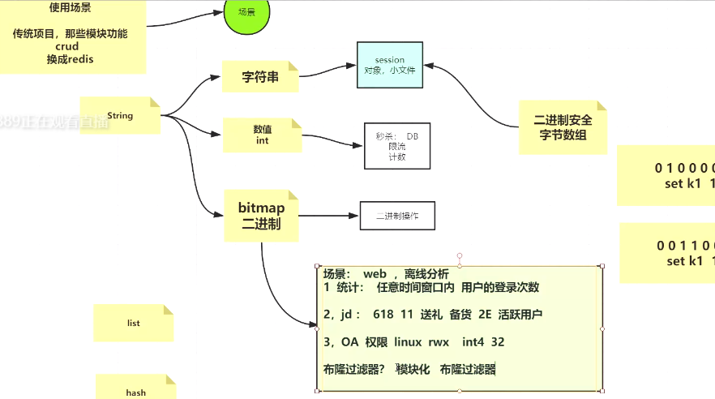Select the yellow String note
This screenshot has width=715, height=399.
120,116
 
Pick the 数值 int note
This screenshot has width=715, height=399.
261,135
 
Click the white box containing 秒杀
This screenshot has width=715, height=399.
396,147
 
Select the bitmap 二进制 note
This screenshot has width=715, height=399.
261,216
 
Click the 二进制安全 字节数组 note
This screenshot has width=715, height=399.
563,127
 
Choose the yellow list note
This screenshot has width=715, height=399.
133,323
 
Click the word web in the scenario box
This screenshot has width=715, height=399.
375,274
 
